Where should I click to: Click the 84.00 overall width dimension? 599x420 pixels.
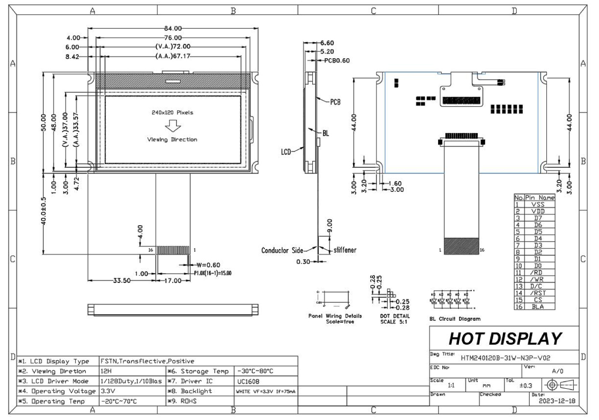(173, 28)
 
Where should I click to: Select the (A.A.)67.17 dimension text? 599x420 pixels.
(173, 56)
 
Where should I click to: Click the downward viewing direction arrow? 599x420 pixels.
(173, 126)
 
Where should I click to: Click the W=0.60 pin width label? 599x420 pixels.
(208, 265)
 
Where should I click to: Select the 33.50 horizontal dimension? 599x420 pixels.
(122, 280)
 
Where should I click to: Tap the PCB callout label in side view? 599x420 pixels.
(335, 102)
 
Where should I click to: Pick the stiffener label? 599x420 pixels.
(345, 250)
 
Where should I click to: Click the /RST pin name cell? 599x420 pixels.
(538, 293)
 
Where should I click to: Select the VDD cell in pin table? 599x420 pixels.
(538, 211)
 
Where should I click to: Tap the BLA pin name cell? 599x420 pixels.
(538, 307)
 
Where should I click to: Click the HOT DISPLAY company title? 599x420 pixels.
(505, 339)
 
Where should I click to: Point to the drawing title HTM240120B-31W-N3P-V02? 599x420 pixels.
(505, 358)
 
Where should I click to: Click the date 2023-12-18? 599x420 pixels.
(557, 401)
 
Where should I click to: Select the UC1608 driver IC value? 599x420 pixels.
(248, 381)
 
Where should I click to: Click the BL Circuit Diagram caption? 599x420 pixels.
(455, 319)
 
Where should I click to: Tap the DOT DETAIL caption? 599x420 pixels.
(394, 319)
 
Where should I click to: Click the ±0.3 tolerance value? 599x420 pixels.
(525, 385)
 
